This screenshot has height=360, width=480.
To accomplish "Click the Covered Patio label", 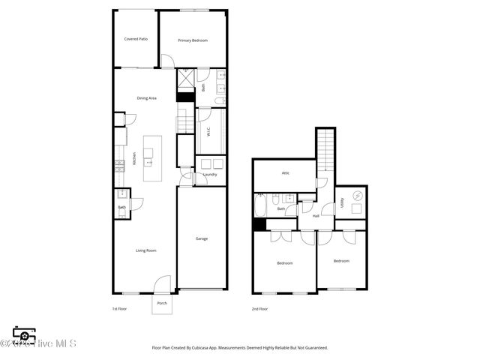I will [x=135, y=40].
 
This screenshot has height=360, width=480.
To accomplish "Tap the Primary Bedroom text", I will [x=193, y=40].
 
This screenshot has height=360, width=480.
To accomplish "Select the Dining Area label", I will [x=146, y=98].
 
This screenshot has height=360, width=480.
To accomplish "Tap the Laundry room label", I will [x=210, y=175].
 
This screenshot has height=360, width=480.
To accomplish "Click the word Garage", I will [x=202, y=238].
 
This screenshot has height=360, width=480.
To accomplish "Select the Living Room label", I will [x=145, y=250].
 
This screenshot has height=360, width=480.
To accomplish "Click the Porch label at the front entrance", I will [x=162, y=304].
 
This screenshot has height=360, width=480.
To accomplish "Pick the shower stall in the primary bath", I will [x=185, y=76].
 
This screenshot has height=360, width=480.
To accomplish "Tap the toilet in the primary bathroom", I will [x=220, y=100].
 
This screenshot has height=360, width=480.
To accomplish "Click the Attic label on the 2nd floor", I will [x=286, y=173].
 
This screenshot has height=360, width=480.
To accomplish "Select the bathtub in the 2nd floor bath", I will [x=260, y=205].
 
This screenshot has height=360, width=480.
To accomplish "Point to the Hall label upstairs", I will [x=316, y=216].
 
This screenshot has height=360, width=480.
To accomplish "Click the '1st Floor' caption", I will [x=120, y=309].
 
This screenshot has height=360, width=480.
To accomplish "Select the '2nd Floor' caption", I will [x=260, y=309].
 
